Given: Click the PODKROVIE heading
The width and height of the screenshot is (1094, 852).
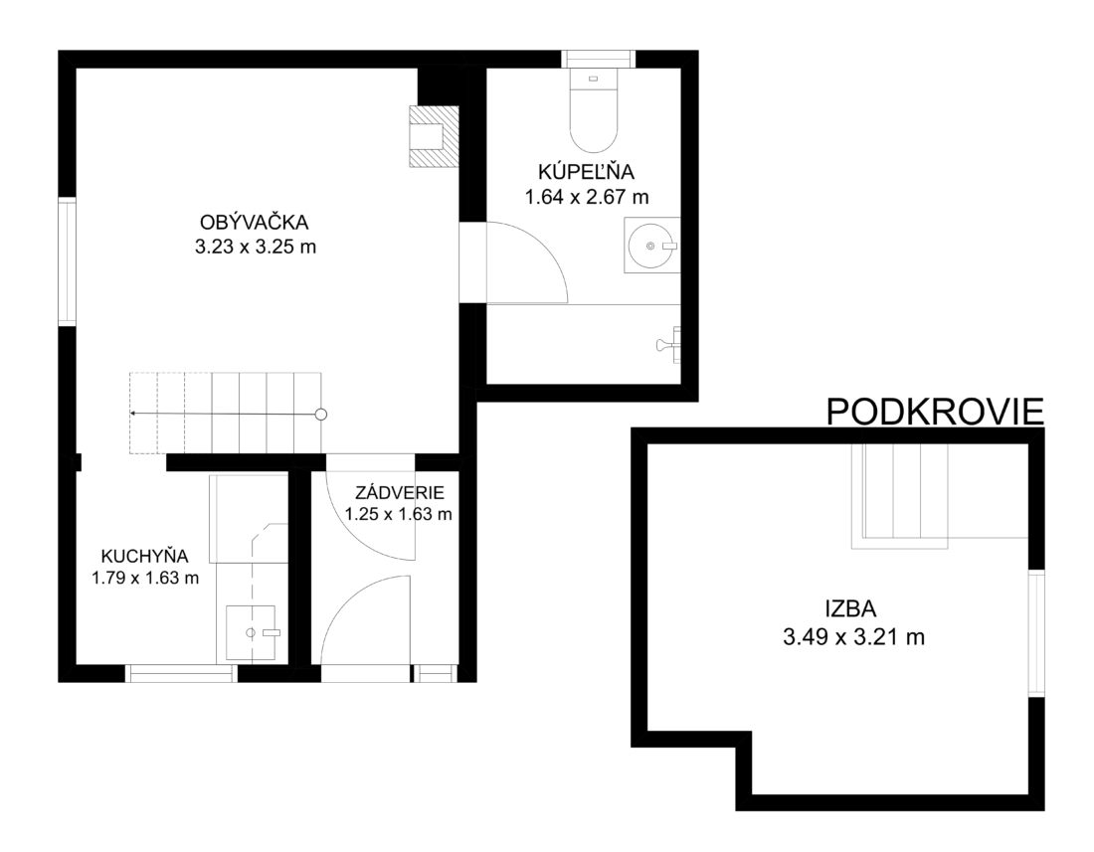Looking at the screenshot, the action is (935, 412).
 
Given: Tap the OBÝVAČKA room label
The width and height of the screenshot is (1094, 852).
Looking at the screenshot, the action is (254, 223).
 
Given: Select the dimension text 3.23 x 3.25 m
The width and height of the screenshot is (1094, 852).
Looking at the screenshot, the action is (256, 247).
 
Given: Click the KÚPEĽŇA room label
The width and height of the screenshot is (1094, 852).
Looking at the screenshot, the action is (586, 172).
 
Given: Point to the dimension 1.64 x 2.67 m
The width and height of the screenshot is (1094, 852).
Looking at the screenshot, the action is (587, 197).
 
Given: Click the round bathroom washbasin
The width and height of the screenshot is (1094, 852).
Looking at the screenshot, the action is (652, 246).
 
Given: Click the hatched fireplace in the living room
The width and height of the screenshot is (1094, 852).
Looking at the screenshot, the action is (434, 136).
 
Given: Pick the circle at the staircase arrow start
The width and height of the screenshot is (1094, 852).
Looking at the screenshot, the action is (321, 415).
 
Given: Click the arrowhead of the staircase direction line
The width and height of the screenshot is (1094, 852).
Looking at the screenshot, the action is (133, 414).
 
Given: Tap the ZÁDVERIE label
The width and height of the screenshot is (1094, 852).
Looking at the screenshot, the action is (400, 493).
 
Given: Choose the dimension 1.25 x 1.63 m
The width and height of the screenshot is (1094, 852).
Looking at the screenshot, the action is (399, 515).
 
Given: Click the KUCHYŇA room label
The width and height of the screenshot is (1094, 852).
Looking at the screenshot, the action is (145, 557).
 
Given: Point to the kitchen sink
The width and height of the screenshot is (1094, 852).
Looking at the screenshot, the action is (251, 632).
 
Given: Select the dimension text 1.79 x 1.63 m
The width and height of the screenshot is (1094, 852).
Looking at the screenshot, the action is (145, 578).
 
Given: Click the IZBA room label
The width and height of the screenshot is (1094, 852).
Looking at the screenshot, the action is (850, 609).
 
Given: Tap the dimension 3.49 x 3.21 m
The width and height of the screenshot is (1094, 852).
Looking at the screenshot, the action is (853, 637).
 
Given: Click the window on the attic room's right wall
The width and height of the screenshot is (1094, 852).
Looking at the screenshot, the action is (1036, 632).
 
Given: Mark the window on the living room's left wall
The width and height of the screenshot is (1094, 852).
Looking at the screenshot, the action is (67, 261).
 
